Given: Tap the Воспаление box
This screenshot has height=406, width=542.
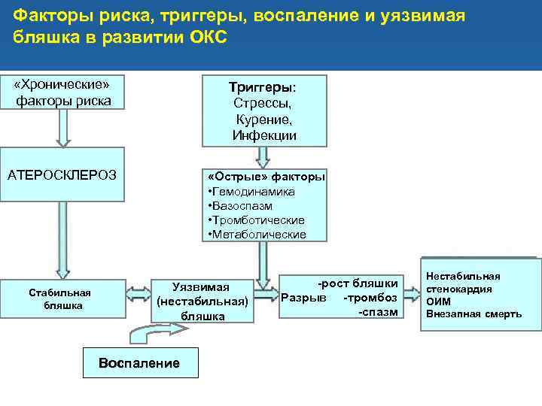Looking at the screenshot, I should coord(139,363).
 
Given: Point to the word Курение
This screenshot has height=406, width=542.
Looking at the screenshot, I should coord(263,120).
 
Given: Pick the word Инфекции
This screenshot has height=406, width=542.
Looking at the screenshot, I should coord(264,135).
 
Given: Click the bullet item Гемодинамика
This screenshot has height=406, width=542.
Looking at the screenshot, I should coord(252,192).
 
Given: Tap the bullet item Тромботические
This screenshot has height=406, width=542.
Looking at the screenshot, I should coord(257,220).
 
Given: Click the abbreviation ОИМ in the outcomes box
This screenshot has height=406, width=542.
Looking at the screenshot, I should coord(438,301).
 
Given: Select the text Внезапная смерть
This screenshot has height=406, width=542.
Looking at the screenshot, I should coord(473,314).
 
